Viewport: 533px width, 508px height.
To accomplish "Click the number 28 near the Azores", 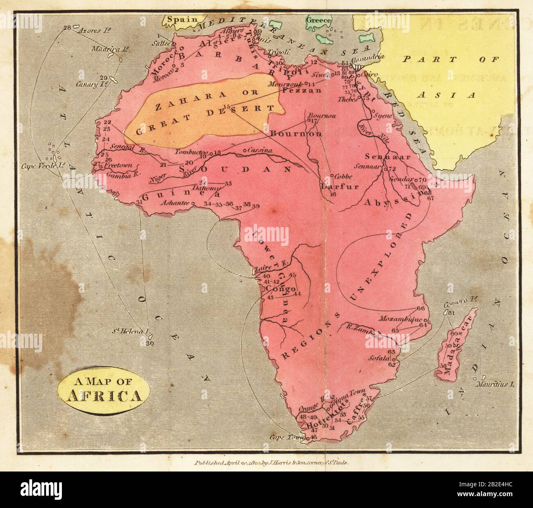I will [x=67, y=28].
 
